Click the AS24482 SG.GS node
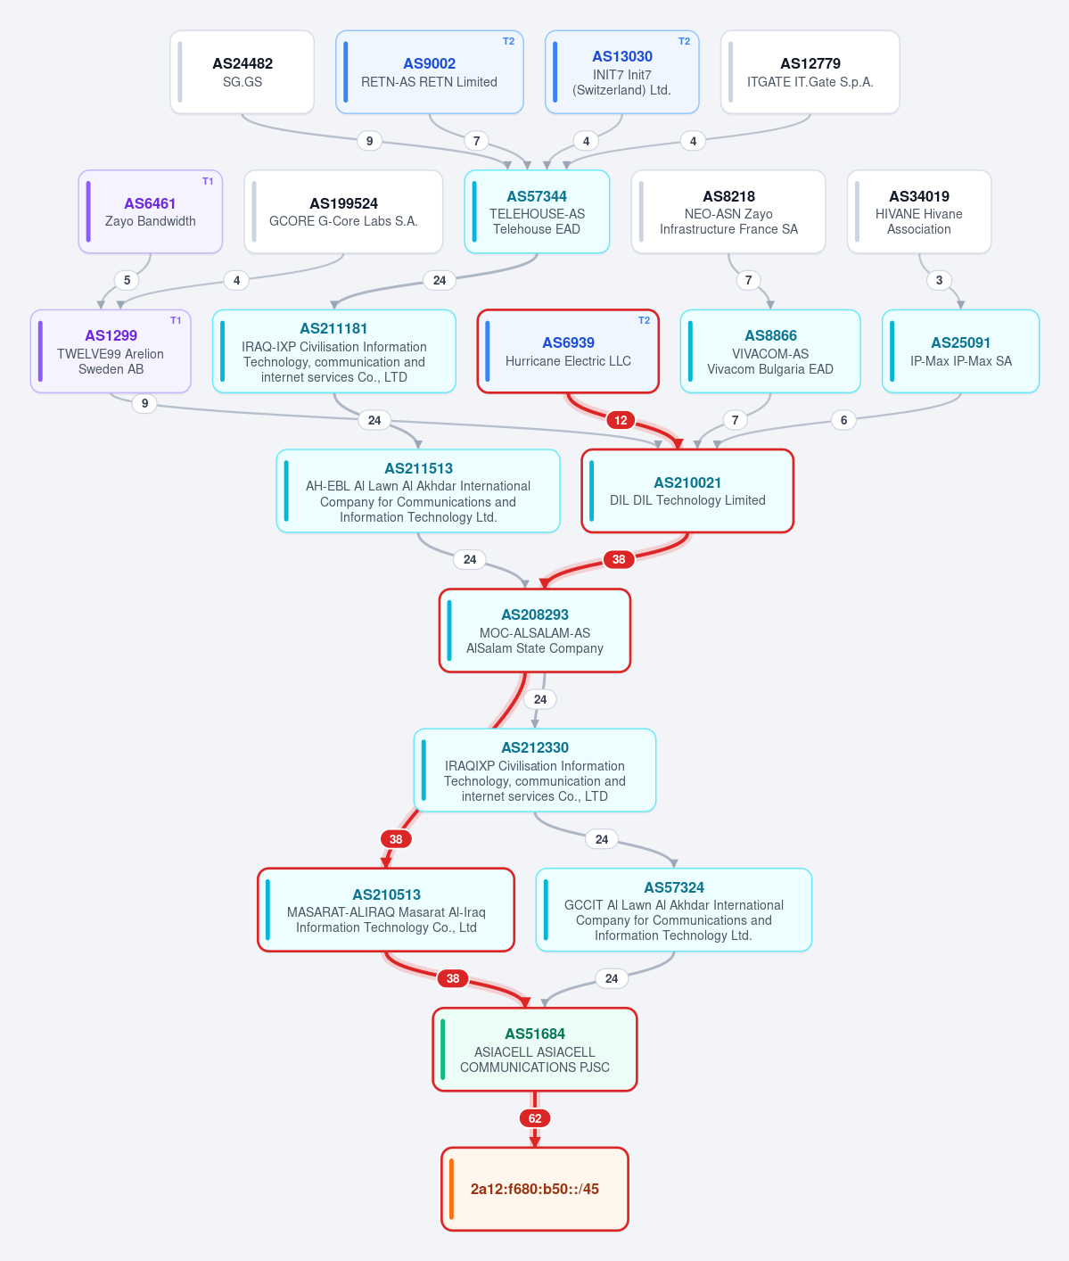tap(243, 72)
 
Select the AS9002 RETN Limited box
tap(430, 72)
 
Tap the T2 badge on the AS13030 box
tap(684, 42)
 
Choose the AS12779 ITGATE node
tap(810, 72)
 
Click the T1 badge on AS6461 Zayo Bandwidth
tap(208, 181)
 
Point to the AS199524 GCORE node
tap(343, 211)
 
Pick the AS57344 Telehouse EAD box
tap(537, 211)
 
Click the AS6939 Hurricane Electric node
tap(568, 351)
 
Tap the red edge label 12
tap(621, 420)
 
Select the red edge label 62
tap(535, 1118)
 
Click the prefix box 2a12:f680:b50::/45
tap(535, 1189)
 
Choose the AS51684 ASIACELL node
tap(535, 1050)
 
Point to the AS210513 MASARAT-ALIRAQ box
tap(386, 910)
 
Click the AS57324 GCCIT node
tap(674, 910)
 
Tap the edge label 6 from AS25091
tap(844, 420)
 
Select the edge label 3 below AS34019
tap(939, 280)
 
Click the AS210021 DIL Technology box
tap(687, 491)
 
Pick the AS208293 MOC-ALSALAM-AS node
tap(535, 630)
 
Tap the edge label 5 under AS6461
tap(127, 280)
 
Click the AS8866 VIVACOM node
tap(770, 351)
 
